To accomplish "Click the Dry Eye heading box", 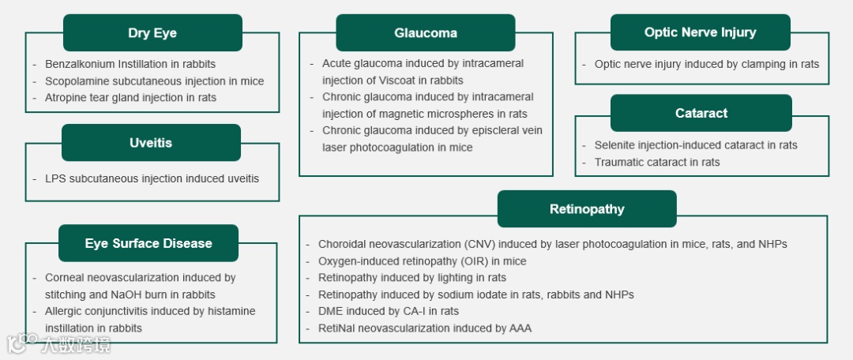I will pos(152,33).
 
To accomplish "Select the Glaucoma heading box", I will pos(426,33).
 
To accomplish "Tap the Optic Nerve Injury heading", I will pos(700,32).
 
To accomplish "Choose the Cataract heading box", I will pos(701,113).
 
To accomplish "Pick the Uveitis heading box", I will pos(151,143).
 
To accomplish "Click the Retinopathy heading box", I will pos(587,209).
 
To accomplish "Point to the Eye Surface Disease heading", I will pos(148,243).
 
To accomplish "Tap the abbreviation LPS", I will pos(55,178).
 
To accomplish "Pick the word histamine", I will pos(227,311).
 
